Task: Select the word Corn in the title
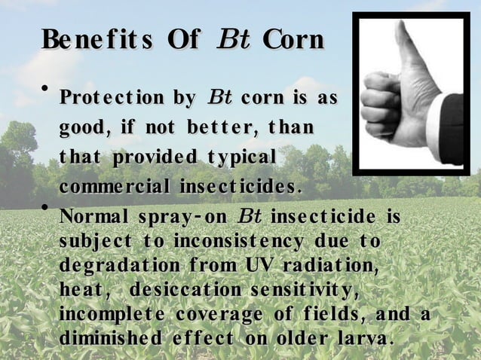point(293,39)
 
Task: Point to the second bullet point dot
point(44,206)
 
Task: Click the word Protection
point(112,99)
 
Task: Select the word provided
point(157,157)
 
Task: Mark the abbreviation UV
point(255,267)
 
